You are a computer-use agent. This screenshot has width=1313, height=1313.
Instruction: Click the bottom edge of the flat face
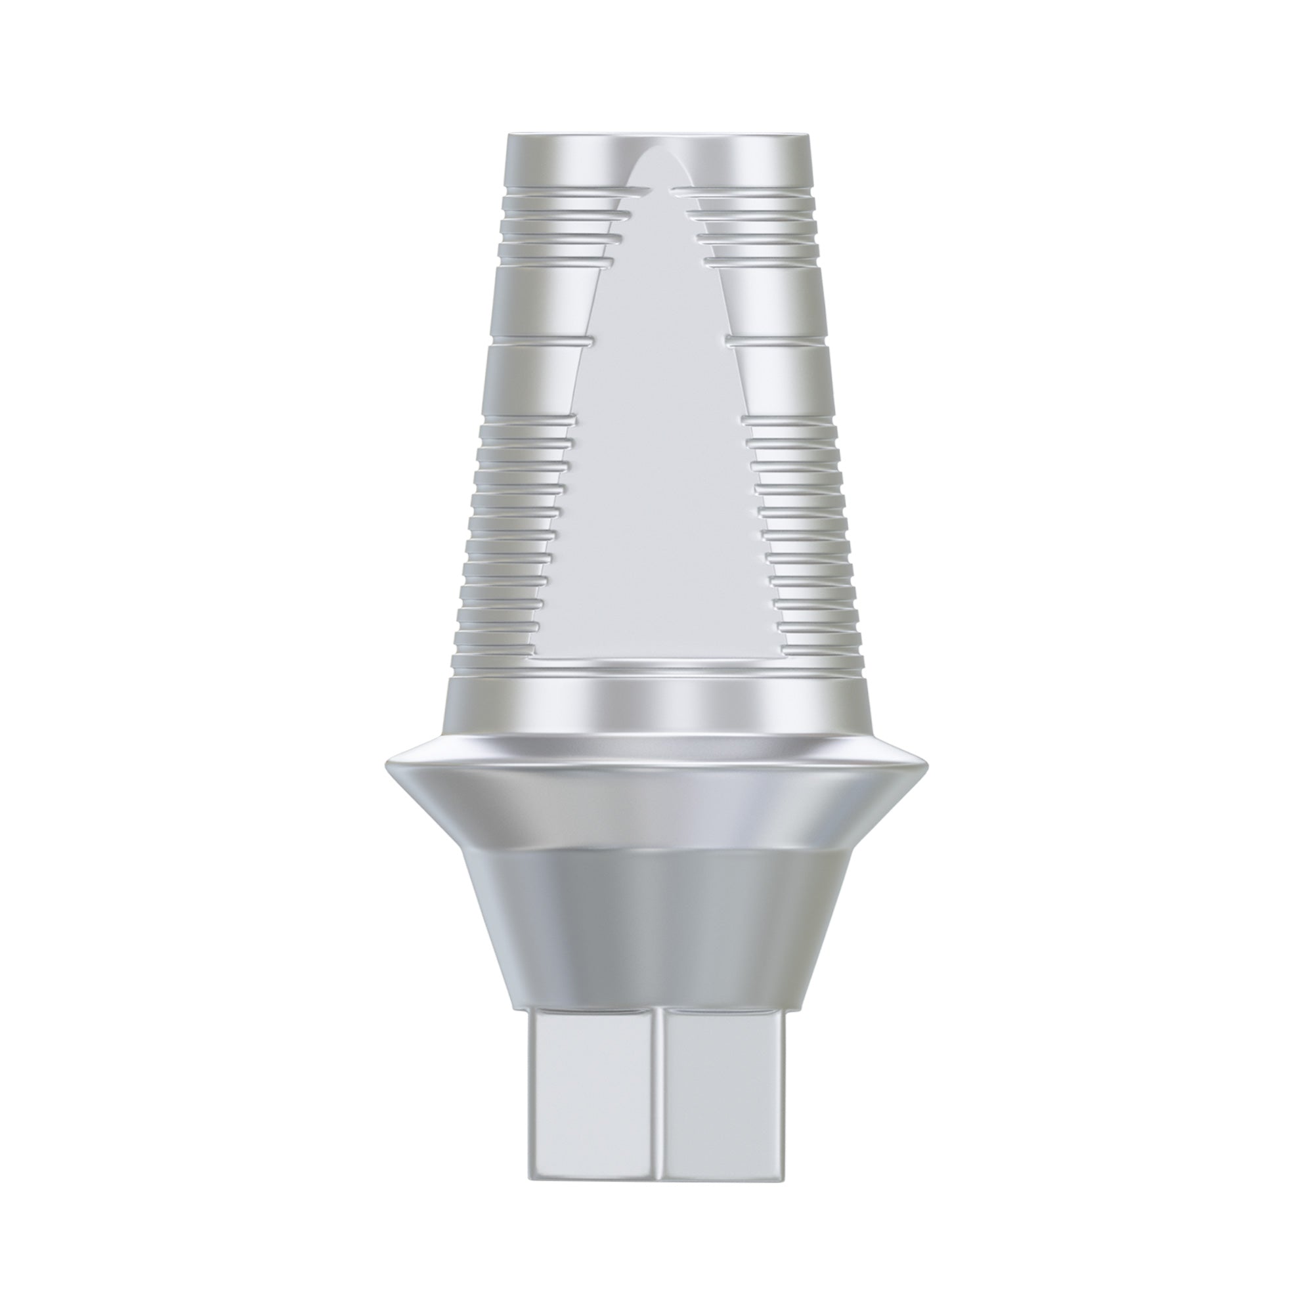(656, 658)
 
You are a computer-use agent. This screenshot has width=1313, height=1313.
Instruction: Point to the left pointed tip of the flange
(387, 764)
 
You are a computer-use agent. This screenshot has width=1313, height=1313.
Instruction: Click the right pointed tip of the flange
(926, 764)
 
